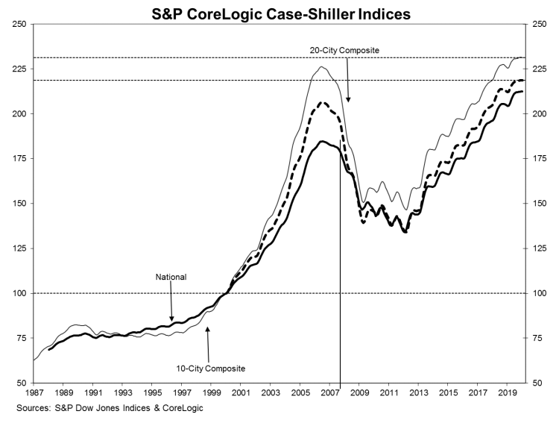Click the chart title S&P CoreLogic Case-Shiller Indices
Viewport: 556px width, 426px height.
click(x=281, y=13)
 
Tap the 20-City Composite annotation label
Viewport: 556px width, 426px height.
click(x=344, y=51)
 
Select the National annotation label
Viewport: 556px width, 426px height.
click(x=171, y=277)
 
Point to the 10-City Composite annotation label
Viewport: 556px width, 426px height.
click(x=211, y=369)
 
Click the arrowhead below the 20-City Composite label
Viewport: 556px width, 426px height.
click(x=348, y=99)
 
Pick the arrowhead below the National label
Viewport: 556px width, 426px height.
click(x=172, y=319)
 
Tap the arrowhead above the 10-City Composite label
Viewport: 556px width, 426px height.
click(x=208, y=330)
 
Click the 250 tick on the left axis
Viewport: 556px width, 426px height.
click(x=19, y=24)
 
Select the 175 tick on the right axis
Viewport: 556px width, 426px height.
click(x=539, y=158)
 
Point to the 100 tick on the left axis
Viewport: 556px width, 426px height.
click(x=19, y=293)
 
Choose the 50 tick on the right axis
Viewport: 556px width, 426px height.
click(x=537, y=383)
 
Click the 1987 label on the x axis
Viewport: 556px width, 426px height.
click(x=33, y=392)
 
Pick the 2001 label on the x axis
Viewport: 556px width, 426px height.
click(x=241, y=392)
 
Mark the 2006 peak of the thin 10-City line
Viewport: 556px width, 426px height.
click(x=321, y=66)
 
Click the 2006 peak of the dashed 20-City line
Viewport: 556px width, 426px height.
click(x=322, y=102)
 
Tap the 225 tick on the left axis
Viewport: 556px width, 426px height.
click(x=19, y=69)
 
